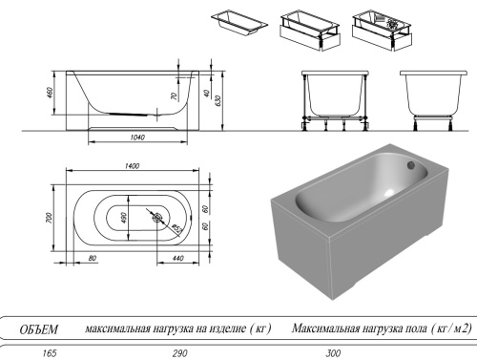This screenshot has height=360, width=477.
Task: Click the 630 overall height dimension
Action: click(x=218, y=100)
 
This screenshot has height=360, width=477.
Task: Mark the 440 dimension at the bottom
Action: click(x=179, y=258)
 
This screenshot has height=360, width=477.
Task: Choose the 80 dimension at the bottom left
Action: click(x=92, y=258)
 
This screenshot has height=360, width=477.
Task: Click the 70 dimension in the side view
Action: click(x=173, y=96)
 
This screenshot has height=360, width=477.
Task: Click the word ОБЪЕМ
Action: click(x=39, y=329)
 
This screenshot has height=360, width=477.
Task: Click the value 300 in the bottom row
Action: click(x=333, y=352)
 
